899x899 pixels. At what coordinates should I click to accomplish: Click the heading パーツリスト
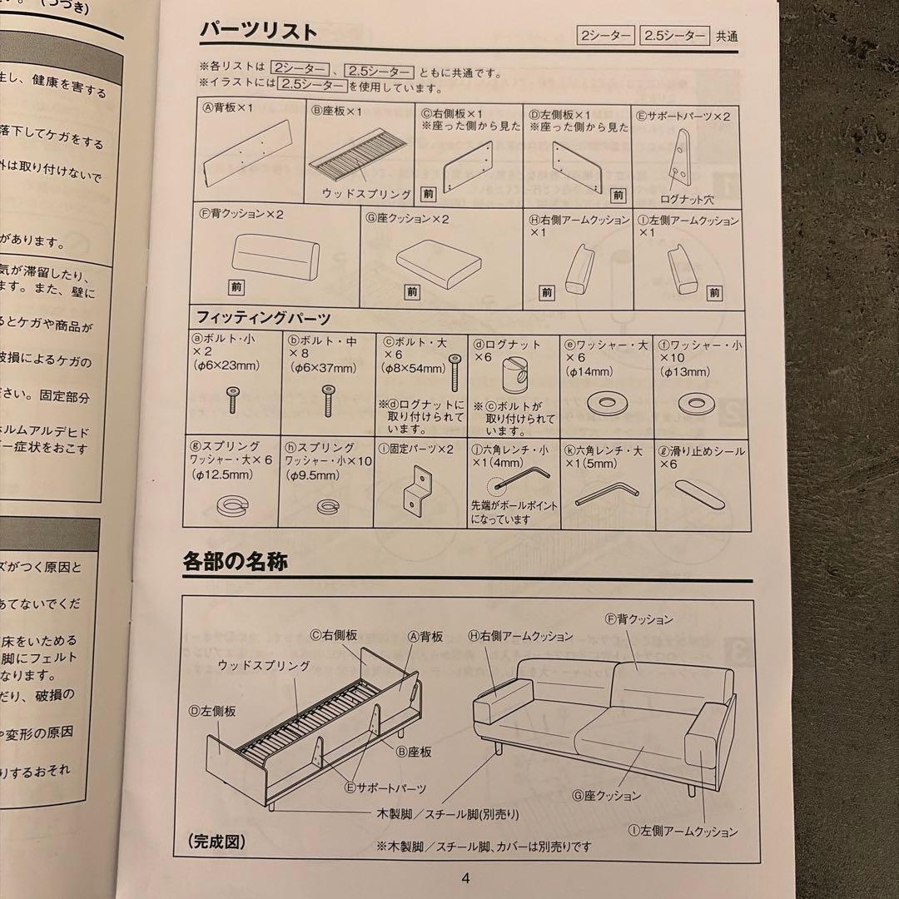(258, 32)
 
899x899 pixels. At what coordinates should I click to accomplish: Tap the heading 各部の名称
(236, 562)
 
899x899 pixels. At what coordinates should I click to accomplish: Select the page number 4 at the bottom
(465, 877)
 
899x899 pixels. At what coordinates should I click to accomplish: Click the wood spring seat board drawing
(360, 158)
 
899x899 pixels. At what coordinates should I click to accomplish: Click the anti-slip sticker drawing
(700, 492)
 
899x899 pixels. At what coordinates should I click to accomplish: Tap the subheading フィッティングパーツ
(264, 318)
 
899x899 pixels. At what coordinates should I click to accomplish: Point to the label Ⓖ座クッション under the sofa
(606, 796)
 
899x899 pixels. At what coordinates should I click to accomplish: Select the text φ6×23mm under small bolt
(227, 365)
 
